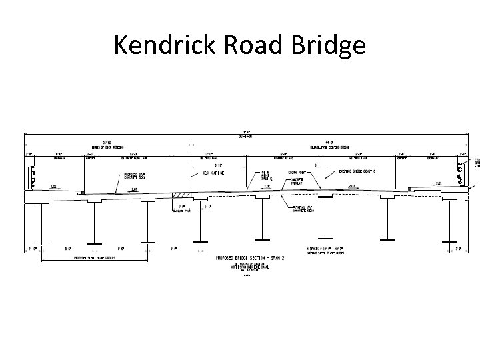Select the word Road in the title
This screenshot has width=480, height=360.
pyautogui.click(x=259, y=45)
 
